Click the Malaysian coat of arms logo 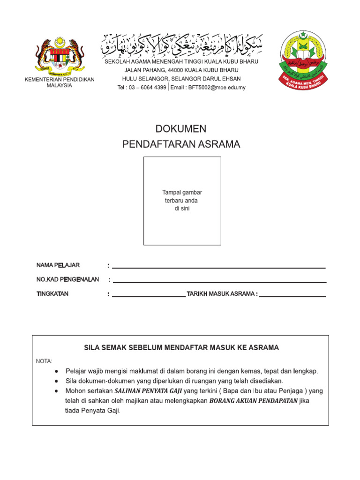coord(60,55)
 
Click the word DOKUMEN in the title coord(180,129)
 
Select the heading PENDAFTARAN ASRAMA coord(181,144)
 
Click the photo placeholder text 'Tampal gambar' coord(182,193)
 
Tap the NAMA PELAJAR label coord(58,266)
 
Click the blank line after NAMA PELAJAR coord(218,268)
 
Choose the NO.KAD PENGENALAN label coord(67,279)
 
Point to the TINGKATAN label coord(52,294)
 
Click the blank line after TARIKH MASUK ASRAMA coord(292,296)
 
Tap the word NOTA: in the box coord(45,361)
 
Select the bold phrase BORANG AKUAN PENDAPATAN coord(253,401)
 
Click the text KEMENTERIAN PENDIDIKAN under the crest coord(60,80)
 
